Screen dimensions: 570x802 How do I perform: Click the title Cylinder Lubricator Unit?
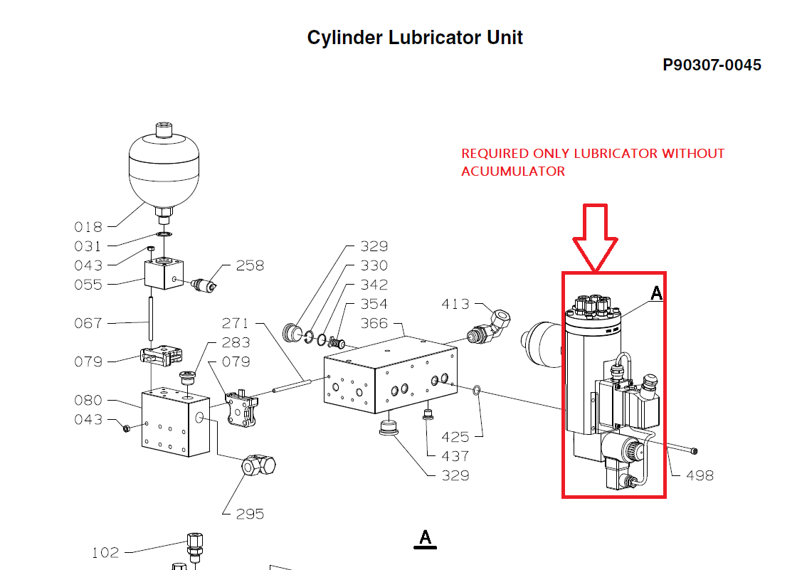[x=415, y=38]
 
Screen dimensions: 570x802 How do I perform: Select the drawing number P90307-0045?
[x=712, y=65]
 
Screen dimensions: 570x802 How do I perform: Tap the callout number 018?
[x=88, y=227]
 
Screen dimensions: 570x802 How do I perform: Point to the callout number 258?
[x=250, y=265]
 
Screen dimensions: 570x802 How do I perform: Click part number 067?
[x=88, y=323]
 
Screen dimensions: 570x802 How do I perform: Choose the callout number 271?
[x=236, y=323]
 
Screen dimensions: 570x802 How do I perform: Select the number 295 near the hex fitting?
[x=250, y=514]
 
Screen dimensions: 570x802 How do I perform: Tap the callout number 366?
[x=374, y=323]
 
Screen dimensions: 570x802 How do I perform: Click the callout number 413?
[x=455, y=304]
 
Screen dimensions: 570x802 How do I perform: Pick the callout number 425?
[x=455, y=437]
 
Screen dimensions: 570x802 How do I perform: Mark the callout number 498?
[x=699, y=475]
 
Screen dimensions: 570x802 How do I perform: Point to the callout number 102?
[x=106, y=552]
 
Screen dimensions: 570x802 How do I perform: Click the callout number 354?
[x=374, y=304]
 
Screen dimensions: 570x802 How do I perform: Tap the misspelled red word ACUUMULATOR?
[x=513, y=171]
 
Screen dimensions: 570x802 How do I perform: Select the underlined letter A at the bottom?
[x=426, y=538]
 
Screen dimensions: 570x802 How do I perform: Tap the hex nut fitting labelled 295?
[x=259, y=466]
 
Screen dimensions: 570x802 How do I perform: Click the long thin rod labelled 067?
[x=151, y=320]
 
